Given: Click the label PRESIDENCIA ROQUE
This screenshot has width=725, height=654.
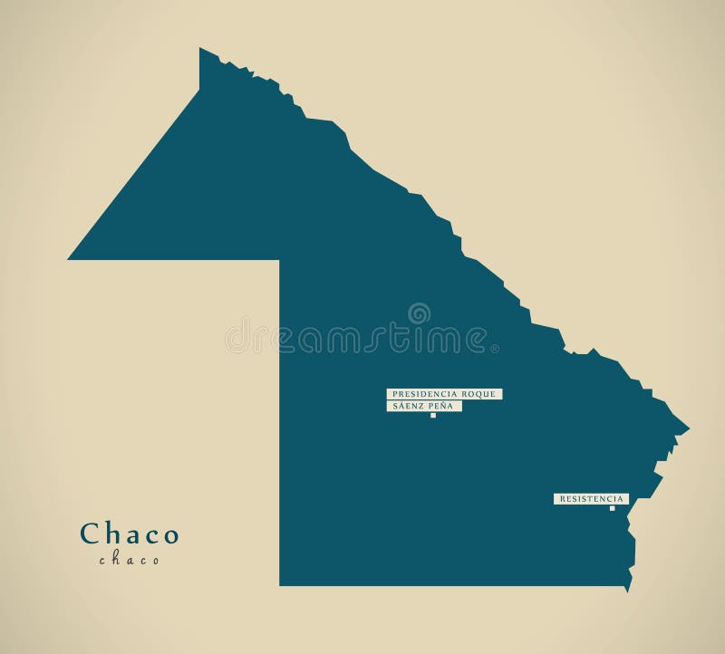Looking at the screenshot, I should click(x=444, y=394).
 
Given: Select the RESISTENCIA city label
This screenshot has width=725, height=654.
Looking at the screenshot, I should click(x=591, y=499).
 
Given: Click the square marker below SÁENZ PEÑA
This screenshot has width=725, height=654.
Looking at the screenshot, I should click(x=433, y=416).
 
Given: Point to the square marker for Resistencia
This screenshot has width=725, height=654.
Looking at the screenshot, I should click(x=613, y=508).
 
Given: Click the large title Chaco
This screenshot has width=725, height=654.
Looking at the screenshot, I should click(x=130, y=534).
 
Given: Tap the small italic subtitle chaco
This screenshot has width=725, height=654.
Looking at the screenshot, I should click(x=130, y=560).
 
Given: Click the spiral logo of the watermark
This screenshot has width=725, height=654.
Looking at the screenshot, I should click(x=419, y=313).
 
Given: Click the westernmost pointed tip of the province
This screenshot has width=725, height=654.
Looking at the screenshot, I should click(x=69, y=259).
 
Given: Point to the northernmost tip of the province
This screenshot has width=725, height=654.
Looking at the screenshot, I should click(x=200, y=48).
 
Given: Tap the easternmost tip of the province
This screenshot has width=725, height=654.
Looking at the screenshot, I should click(x=689, y=428).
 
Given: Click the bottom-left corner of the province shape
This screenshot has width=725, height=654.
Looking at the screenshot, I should click(x=280, y=585).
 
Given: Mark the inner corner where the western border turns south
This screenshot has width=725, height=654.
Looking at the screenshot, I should click(x=279, y=260).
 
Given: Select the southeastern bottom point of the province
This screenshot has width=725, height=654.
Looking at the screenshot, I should click(x=627, y=591).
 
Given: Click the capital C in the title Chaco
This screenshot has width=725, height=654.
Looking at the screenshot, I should click(x=90, y=534).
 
